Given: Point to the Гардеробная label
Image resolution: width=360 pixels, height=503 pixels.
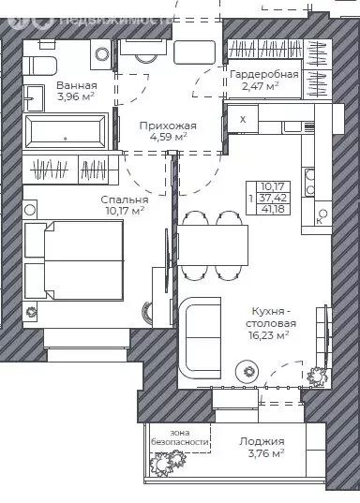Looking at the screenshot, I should [x=266, y=74].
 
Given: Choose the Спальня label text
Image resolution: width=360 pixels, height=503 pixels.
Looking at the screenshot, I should [x=124, y=199].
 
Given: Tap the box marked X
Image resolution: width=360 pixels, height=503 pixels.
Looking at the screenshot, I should [x=244, y=120].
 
